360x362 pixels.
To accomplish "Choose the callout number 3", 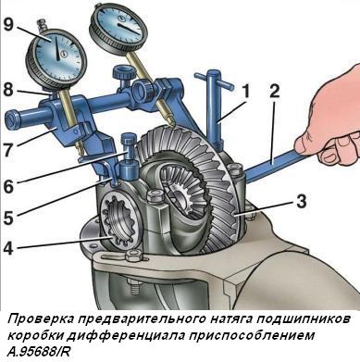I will [299, 198].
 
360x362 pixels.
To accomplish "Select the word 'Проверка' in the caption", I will [36, 318].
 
